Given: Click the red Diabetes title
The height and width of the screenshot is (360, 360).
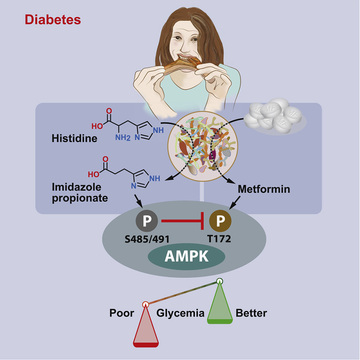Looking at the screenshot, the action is click(x=53, y=20).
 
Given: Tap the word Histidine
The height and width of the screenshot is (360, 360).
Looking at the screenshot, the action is click(x=74, y=138).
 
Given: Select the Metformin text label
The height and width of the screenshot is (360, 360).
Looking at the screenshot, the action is click(x=264, y=189).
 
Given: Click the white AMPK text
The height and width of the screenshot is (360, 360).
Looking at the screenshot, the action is click(x=187, y=256).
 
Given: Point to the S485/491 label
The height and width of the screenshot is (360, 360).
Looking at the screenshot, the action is click(x=147, y=239).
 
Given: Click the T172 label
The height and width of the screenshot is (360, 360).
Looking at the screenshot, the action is click(x=219, y=239).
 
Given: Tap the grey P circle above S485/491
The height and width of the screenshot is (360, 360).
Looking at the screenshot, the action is click(x=147, y=220).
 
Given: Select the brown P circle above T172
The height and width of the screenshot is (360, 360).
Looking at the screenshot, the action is click(x=220, y=220).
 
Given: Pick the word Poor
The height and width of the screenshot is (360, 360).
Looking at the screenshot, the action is click(x=122, y=313).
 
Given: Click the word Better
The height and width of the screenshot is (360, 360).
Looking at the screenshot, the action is click(x=252, y=313).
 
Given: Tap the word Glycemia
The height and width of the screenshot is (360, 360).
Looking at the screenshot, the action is click(x=180, y=313).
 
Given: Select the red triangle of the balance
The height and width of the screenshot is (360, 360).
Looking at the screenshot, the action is click(x=146, y=326).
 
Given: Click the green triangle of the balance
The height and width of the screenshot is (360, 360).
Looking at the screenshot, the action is click(x=220, y=303).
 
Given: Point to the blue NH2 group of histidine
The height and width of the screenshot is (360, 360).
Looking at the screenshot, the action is click(x=123, y=137).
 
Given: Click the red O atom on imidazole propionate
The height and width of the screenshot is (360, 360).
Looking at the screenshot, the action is click(x=106, y=159).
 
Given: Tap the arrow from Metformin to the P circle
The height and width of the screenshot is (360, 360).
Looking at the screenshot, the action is click(x=235, y=202).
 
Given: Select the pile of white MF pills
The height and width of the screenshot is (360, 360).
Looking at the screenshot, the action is click(x=274, y=116).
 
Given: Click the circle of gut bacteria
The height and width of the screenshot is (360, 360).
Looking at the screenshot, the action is click(x=203, y=146).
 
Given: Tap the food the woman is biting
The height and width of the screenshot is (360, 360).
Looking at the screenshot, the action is click(x=181, y=65).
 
